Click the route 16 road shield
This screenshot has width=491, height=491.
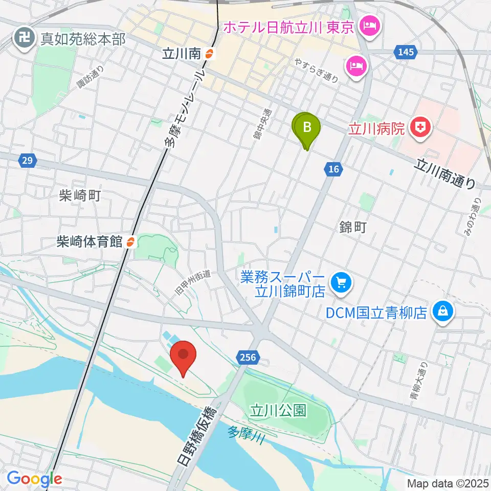click(332, 169)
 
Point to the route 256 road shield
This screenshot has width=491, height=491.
click(246, 356)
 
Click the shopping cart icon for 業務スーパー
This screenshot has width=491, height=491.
click(339, 282)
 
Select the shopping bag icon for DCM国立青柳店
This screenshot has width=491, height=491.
click(443, 311)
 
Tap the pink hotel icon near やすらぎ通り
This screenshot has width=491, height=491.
click(356, 65)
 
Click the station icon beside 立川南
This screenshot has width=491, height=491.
click(209, 53)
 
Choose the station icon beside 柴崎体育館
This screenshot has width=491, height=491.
click(131, 241)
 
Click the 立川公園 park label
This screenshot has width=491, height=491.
click(278, 410)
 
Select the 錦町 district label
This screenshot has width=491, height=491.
click(353, 228)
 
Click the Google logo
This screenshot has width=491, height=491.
click(34, 479)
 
